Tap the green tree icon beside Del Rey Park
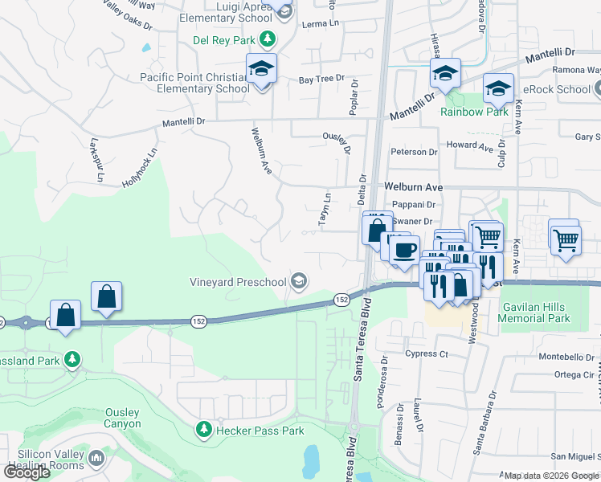[x=270, y=39]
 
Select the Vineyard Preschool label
[x=238, y=282]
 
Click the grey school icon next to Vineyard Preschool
[x=299, y=280]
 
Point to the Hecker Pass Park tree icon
[x=203, y=431]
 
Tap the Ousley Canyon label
[x=123, y=418]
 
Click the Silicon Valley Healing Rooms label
[x=43, y=460]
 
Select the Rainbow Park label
[x=474, y=112]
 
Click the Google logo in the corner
[x=26, y=472]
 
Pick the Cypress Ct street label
[x=427, y=353]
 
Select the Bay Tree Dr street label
[x=321, y=80]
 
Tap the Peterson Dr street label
[x=414, y=152]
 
